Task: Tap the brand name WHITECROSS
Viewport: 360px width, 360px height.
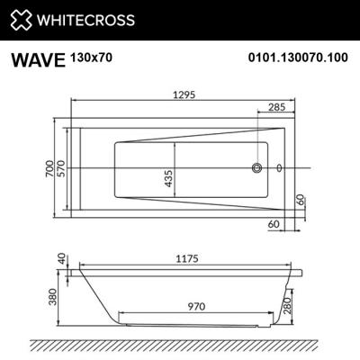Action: pyautogui.click(x=85, y=19)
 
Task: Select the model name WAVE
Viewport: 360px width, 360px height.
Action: pyautogui.click(x=37, y=60)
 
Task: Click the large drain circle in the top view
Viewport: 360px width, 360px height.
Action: pyautogui.click(x=257, y=167)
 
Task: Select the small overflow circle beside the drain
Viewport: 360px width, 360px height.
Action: pyautogui.click(x=279, y=167)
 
